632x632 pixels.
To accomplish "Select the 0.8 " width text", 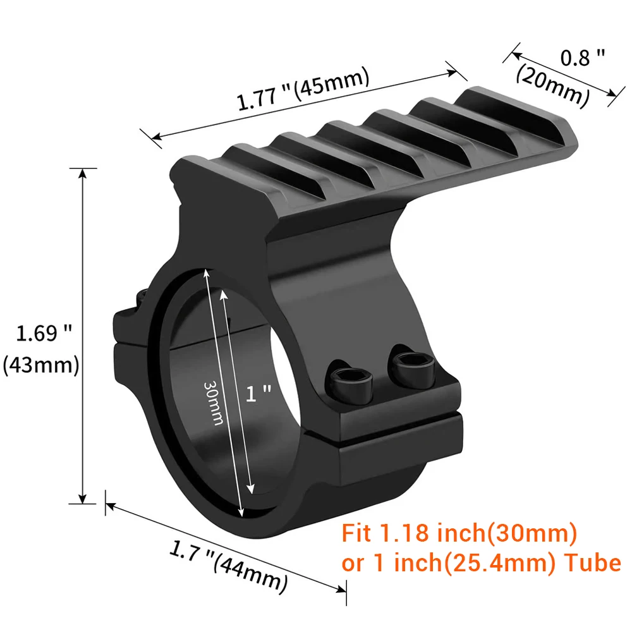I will pos(583,58).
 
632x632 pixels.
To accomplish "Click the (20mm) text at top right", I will pos(552,85).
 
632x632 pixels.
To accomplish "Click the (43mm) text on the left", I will pos(41,365).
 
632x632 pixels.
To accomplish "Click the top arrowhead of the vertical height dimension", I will pos(82,173).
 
